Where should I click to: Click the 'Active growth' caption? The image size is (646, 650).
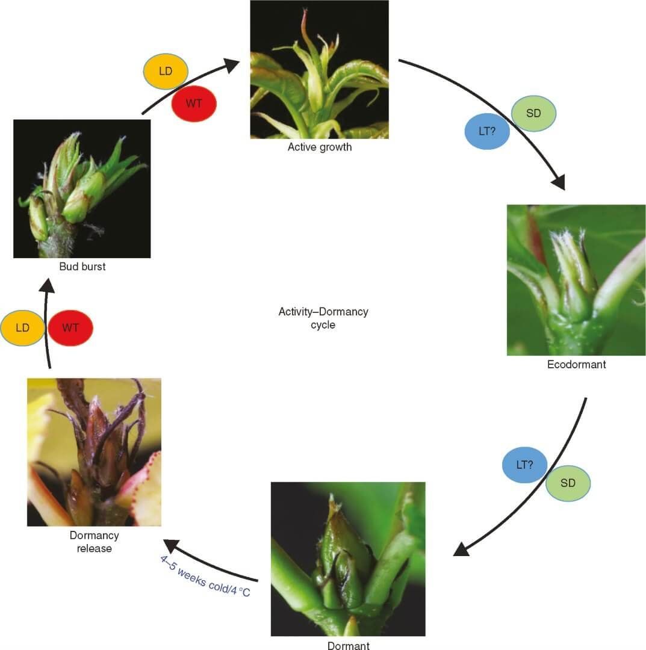tap(319, 147)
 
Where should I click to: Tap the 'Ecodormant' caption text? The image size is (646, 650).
tap(576, 364)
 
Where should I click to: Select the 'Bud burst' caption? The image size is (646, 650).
tap(82, 266)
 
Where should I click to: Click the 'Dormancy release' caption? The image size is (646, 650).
tap(95, 542)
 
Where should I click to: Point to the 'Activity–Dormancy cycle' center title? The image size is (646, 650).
tap(323, 318)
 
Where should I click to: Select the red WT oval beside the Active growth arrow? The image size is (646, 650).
tap(194, 104)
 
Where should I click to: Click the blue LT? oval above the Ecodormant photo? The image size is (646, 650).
tap(487, 130)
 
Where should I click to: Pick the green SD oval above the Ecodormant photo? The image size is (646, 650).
tap(533, 113)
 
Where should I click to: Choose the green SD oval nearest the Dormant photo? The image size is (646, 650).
tap(568, 483)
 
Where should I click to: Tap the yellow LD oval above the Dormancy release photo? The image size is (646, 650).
tap(23, 328)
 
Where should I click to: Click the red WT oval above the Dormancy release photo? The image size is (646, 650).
tap(70, 328)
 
